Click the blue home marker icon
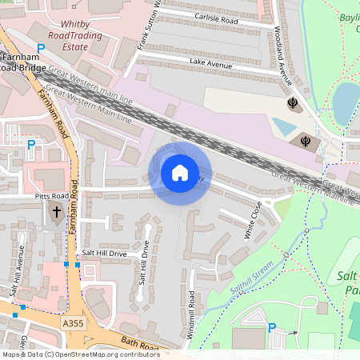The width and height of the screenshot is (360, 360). [x=179, y=172]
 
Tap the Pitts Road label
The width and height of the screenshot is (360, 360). [x=52, y=195]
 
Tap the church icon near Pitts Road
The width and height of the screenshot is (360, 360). [x=56, y=214]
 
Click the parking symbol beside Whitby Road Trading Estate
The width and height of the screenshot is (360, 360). [x=41, y=49]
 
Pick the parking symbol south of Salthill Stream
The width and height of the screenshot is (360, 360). [x=271, y=327]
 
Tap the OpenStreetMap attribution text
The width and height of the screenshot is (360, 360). [x=80, y=354]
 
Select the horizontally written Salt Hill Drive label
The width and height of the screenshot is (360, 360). [x=103, y=254]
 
